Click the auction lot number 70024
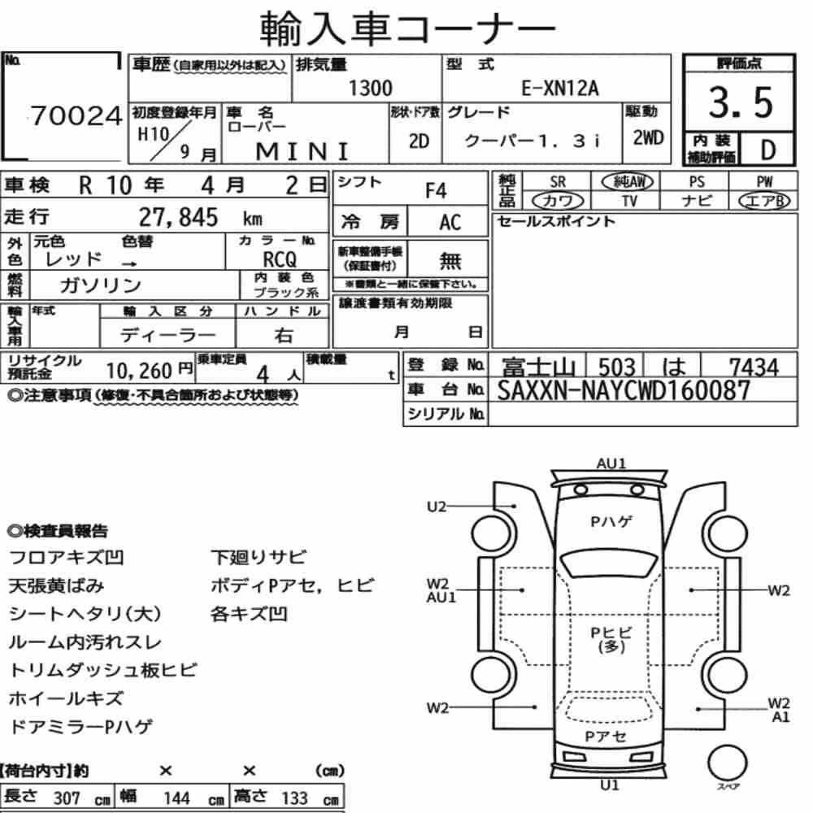(x=76, y=115)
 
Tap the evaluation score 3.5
(x=741, y=102)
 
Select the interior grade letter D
(x=768, y=150)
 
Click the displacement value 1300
(x=370, y=88)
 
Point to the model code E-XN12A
(x=559, y=89)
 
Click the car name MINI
(x=302, y=152)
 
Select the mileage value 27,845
(x=178, y=217)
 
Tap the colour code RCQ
(x=280, y=259)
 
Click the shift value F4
(x=436, y=191)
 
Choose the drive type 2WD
(x=648, y=138)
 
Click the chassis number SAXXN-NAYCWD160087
(x=624, y=390)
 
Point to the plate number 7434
(x=754, y=367)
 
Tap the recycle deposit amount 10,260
(x=139, y=371)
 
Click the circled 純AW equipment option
(x=628, y=181)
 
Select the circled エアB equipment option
(x=764, y=201)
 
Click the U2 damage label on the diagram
(x=437, y=506)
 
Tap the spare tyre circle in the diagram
(x=727, y=763)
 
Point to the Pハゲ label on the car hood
(x=611, y=521)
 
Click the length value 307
(x=67, y=798)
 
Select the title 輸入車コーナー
(x=407, y=28)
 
